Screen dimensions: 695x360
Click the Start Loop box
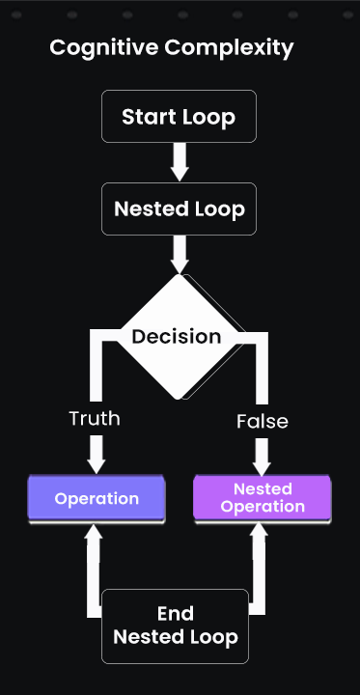(x=179, y=117)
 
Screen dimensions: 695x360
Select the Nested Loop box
(x=179, y=208)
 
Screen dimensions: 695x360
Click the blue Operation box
(x=97, y=499)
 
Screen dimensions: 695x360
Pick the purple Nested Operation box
(x=263, y=499)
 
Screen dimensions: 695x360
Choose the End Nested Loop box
(x=175, y=625)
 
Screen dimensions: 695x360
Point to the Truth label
(x=95, y=418)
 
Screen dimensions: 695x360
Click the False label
(x=263, y=422)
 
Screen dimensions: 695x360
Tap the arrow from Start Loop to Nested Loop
(x=179, y=161)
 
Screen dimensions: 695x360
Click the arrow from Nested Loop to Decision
(x=179, y=255)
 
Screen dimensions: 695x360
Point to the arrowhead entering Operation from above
(x=96, y=463)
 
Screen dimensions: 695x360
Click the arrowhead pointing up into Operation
(x=94, y=534)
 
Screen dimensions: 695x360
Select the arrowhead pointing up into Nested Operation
(x=259, y=534)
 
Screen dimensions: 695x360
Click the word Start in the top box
(x=150, y=117)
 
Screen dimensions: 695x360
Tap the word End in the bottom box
(x=175, y=614)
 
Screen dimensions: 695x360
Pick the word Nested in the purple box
(x=263, y=489)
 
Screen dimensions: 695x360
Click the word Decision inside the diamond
(x=177, y=337)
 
